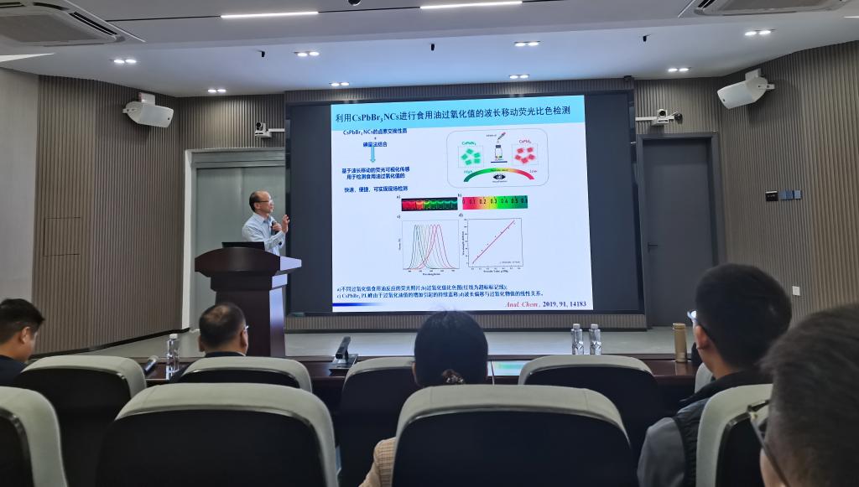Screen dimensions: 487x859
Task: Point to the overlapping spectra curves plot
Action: click(x=430, y=244)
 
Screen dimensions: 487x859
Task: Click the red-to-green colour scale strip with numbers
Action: click(x=495, y=202)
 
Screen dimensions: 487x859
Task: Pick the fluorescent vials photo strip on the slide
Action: click(x=429, y=203)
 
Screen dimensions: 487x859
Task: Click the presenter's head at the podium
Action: click(x=259, y=202)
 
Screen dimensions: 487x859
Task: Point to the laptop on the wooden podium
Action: click(x=242, y=245)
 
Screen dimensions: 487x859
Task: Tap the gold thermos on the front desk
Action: click(x=679, y=342)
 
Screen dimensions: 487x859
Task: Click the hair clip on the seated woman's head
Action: click(x=454, y=378)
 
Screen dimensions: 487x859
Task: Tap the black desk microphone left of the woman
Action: click(x=342, y=350)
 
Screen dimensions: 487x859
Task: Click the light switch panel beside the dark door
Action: click(x=783, y=195)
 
